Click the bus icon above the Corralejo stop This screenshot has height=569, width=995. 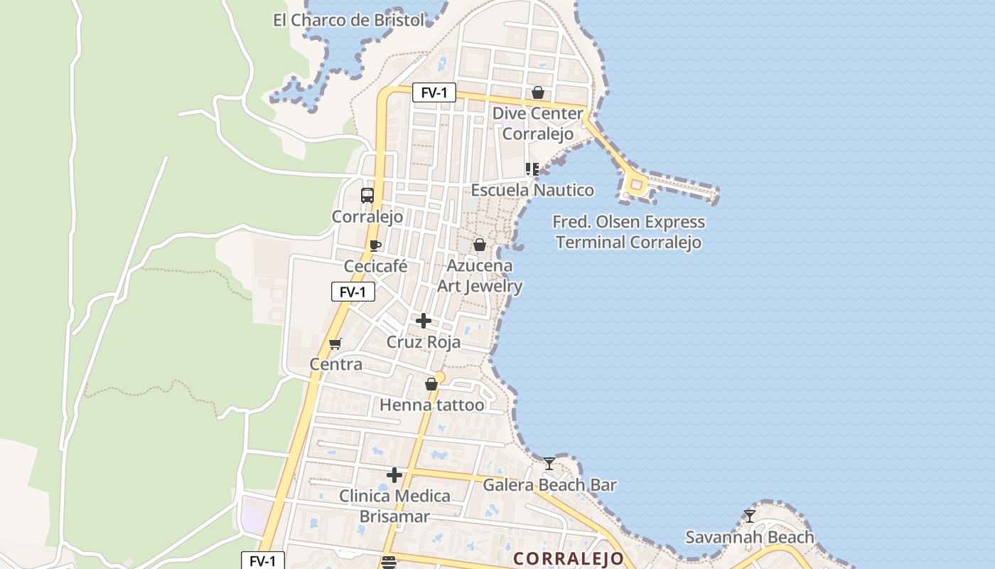coord(367,196)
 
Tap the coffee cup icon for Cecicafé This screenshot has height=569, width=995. coord(375,246)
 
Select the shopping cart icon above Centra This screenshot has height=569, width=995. coord(335,344)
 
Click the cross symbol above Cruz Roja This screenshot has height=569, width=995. coord(424,321)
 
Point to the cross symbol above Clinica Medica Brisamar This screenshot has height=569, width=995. coord(394,475)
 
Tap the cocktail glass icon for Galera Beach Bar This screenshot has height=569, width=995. coord(549,464)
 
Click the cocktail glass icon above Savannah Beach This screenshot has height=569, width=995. coord(749,516)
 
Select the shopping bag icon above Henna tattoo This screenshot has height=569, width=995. coord(431,384)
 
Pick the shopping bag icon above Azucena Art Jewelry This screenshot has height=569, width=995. coord(480,245)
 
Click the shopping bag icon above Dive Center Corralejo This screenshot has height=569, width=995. coord(538,92)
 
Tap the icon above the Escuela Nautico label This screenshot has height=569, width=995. coord(532,169)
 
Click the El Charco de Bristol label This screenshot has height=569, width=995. coord(348,20)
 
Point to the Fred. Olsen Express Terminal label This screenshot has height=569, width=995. coord(629,232)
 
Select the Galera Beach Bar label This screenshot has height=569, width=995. coord(549,485)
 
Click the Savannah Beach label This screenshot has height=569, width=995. coord(749,537)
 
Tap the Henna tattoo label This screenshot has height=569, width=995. coord(431,405)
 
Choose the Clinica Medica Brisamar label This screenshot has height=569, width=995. coord(394,506)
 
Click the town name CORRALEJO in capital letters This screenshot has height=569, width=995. coord(569,558)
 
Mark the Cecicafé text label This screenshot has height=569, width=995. coord(375,267)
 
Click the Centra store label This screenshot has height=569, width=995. coord(335,364)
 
